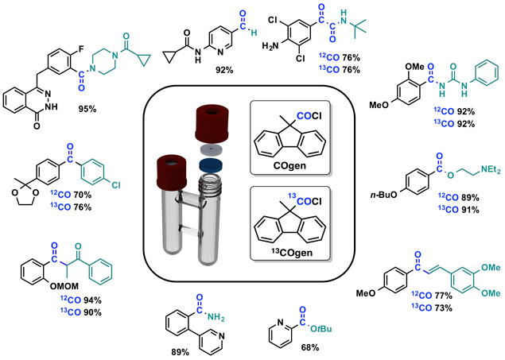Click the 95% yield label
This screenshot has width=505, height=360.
[87, 109]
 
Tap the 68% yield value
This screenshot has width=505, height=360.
[310, 347]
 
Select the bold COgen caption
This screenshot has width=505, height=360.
[289, 165]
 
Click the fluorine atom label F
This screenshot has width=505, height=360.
[81, 49]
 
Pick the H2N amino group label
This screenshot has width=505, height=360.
[270, 46]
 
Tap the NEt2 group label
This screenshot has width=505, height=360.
[491, 170]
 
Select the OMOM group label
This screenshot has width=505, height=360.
[64, 286]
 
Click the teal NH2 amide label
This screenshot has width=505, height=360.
[216, 317]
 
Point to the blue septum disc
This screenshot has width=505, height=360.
[211, 164]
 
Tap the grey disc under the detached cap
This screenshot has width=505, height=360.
[211, 149]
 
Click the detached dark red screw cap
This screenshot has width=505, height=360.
[212, 124]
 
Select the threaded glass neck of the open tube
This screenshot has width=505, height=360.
[210, 181]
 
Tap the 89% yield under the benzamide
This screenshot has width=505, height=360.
[180, 352]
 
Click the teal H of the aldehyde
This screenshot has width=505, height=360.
[254, 32]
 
